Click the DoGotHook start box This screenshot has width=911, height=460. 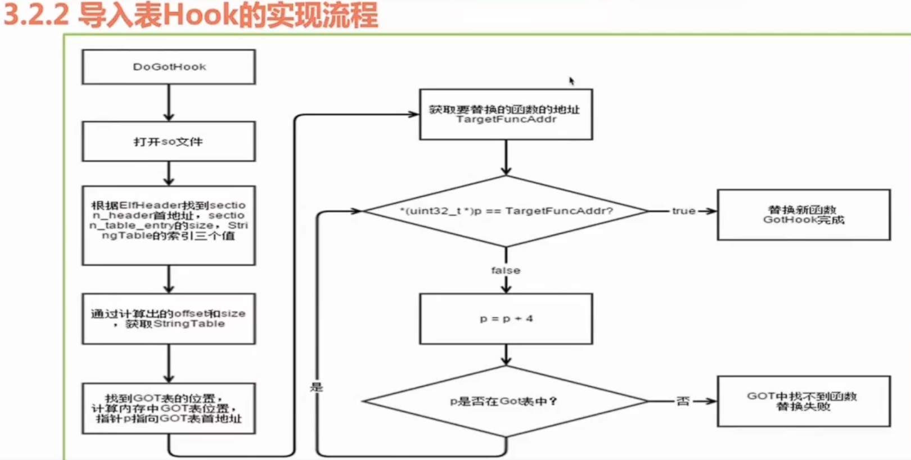pyautogui.click(x=169, y=67)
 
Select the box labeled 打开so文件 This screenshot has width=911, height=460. pyautogui.click(x=169, y=141)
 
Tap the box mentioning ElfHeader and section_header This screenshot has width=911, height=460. pyautogui.click(x=169, y=225)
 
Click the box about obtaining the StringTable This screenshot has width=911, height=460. pyautogui.click(x=169, y=318)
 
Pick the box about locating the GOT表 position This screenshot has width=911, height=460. pyautogui.click(x=169, y=408)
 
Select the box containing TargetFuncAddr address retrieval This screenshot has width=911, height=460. pyautogui.click(x=506, y=114)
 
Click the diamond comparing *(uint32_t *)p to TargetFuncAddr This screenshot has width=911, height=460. pyautogui.click(x=506, y=211)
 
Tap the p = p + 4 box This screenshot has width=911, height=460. pyautogui.click(x=506, y=318)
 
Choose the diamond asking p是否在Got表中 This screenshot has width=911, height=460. pyautogui.click(x=506, y=401)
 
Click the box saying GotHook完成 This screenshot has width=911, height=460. pyautogui.click(x=804, y=215)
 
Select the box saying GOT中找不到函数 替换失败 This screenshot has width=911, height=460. pyautogui.click(x=804, y=401)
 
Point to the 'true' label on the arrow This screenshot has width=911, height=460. pyautogui.click(x=683, y=211)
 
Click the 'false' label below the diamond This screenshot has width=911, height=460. pyautogui.click(x=506, y=270)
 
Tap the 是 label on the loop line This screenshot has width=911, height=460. pyautogui.click(x=317, y=387)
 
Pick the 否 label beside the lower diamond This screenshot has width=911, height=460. pyautogui.click(x=683, y=401)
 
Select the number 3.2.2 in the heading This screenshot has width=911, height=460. pyautogui.click(x=37, y=15)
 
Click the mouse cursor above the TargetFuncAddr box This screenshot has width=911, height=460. pyautogui.click(x=571, y=81)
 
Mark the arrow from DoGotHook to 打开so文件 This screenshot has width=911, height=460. pyautogui.click(x=169, y=103)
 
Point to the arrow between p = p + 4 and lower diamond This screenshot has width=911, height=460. pyautogui.click(x=506, y=355)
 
